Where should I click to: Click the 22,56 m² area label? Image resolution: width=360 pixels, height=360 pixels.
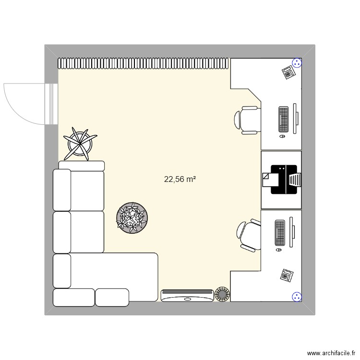[x=180, y=180]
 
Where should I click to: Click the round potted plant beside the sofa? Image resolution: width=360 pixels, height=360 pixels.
[x=131, y=218]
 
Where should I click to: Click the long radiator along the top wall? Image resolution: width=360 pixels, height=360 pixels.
[x=143, y=63]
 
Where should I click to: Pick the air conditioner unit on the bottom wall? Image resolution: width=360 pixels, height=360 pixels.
[x=187, y=295]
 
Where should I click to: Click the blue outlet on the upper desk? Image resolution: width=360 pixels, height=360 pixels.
[x=297, y=62]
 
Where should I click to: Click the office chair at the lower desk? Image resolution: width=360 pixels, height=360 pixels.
[x=249, y=235]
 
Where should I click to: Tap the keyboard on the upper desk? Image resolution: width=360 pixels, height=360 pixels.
[x=283, y=120]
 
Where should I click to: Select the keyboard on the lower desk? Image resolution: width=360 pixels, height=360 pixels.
[x=279, y=233]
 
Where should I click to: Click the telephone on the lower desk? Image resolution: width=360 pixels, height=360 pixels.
[x=287, y=275]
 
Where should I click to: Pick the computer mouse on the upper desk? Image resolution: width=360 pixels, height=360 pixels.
[x=281, y=137]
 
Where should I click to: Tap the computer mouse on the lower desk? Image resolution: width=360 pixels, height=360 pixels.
[x=279, y=250]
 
